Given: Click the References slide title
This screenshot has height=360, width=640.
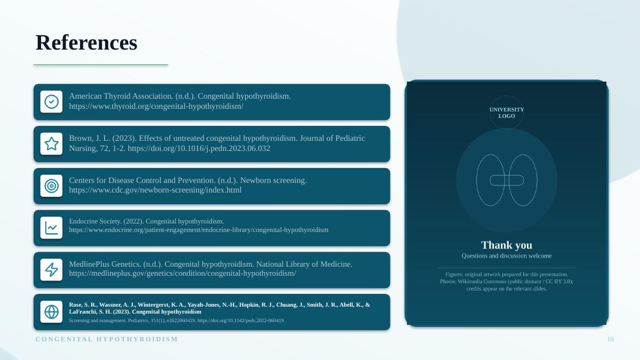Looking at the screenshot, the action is (x=86, y=43).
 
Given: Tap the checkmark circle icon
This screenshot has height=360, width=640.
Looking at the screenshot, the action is (x=51, y=102).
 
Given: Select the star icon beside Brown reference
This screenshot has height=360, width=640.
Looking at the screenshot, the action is (x=51, y=143).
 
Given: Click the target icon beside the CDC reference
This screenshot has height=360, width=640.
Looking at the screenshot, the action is (x=51, y=186).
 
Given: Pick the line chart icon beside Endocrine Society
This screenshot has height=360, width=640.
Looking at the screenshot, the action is (x=51, y=228).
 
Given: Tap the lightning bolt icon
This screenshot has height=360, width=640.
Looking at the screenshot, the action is (x=51, y=270).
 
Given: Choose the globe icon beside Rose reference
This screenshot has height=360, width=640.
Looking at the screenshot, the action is (x=51, y=311).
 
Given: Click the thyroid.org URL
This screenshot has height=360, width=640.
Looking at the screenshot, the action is (x=156, y=106).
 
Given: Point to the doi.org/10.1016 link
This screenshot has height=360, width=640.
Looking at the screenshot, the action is (x=199, y=148).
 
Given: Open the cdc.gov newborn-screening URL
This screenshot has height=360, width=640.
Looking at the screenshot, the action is (x=155, y=190).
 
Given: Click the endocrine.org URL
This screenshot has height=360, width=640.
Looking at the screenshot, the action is (x=198, y=230).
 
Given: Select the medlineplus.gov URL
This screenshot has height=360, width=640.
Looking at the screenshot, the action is (x=182, y=274).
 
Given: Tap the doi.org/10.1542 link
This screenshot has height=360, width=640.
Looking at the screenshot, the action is (x=241, y=321).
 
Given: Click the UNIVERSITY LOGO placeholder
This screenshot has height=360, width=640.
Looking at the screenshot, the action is (x=507, y=113).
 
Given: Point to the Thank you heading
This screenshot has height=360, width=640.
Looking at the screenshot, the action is (x=507, y=245).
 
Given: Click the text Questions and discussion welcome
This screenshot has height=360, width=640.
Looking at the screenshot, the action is (x=507, y=255).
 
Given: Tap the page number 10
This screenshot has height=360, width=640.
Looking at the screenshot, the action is (x=610, y=339).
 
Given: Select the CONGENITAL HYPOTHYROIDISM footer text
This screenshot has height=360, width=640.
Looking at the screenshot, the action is (x=107, y=339).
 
